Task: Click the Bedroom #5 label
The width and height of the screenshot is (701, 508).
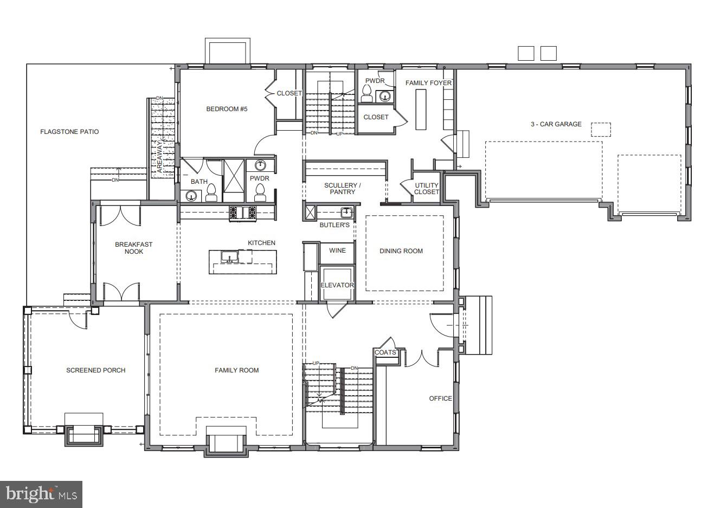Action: coord(227,109)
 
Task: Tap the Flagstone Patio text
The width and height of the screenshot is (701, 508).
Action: coord(69,132)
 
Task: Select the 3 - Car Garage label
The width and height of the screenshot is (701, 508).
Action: coord(556,124)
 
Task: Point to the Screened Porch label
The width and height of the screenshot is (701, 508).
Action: coord(95,370)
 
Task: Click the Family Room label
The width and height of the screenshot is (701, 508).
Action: coord(236,370)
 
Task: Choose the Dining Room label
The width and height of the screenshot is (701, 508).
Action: coord(401,251)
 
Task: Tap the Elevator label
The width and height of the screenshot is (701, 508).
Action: coord(337,285)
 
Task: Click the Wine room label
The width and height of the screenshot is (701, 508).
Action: coord(337,250)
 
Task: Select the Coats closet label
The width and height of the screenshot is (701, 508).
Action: coord(385,352)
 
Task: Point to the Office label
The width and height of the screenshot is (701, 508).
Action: coord(440,398)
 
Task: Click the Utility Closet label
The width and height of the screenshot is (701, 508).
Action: coord(427,189)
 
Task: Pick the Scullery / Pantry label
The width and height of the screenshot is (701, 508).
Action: coord(342,189)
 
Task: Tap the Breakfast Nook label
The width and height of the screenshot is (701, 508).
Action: coord(133,248)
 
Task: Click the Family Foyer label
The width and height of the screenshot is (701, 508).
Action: coord(428,83)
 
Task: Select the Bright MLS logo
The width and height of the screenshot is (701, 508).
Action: coord(41,494)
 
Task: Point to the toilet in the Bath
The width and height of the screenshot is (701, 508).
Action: coord(211,194)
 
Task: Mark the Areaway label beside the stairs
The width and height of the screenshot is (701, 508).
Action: coord(160,157)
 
